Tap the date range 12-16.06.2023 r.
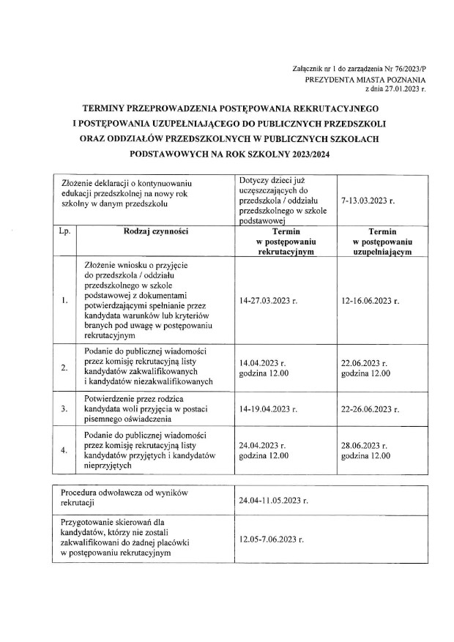click(371, 301)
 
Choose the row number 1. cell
click(65, 301)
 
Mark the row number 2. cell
click(65, 367)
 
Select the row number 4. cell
click(65, 449)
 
